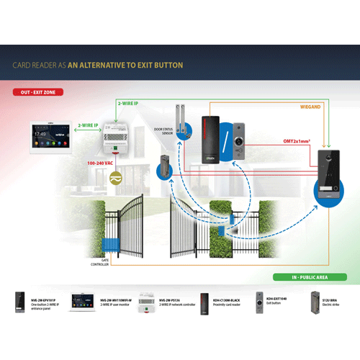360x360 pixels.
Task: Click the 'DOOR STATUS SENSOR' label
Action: (163, 130)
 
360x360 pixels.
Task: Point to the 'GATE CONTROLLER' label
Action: (100, 264)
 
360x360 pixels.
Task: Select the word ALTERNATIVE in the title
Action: (115, 65)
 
